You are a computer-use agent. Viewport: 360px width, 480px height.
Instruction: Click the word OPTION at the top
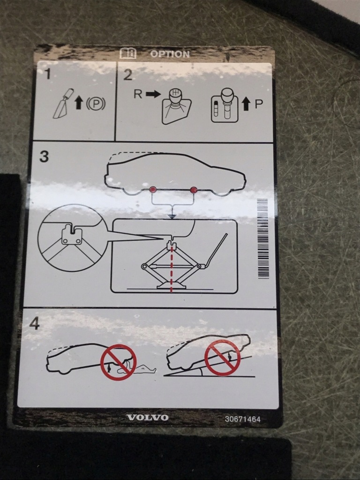pos(170,54)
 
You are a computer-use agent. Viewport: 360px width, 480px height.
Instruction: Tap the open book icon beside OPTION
pos(128,53)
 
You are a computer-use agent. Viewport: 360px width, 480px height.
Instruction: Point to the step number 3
pos(44,157)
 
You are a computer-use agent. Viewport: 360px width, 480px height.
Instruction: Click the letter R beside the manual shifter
pos(138,94)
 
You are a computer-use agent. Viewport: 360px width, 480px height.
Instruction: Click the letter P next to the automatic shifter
pos(258,104)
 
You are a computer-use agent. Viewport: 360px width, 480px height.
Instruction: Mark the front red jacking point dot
pos(193,190)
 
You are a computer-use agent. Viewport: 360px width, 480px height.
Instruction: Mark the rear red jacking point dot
pos(153,190)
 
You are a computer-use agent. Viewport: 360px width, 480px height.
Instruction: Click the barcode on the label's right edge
pos(263,239)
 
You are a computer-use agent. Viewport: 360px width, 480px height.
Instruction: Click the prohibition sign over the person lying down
pos(119,362)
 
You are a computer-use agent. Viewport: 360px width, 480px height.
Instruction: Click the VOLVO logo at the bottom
pos(147,418)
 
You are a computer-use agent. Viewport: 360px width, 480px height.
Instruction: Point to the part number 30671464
pos(242,419)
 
